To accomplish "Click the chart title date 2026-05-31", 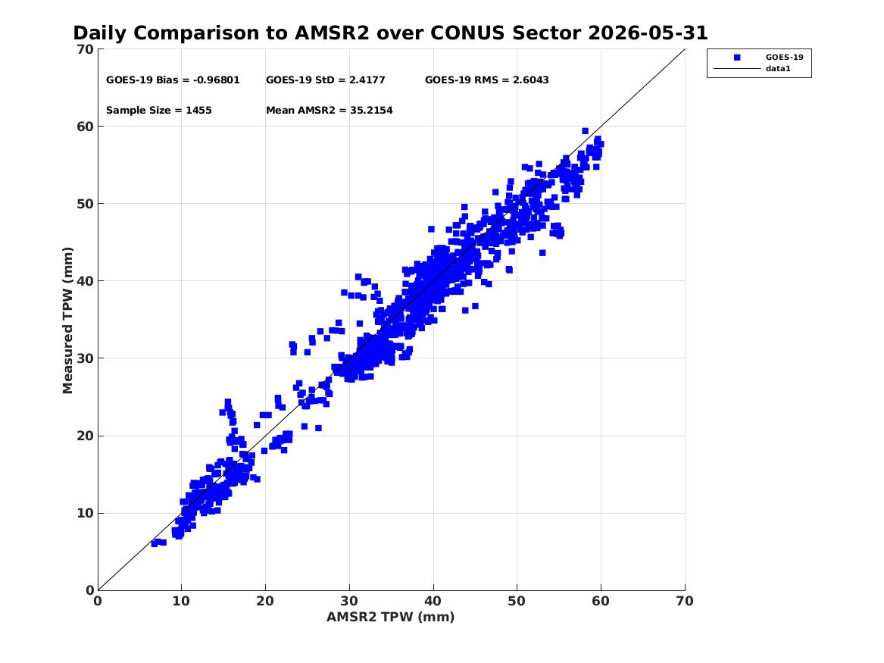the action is click(x=648, y=33).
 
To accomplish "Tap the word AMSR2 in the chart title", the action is click(x=332, y=33).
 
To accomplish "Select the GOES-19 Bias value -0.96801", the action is click(x=217, y=80).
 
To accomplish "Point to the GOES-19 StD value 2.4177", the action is click(x=367, y=80).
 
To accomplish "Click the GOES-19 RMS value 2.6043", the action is click(x=530, y=80).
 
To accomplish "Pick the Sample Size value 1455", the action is click(x=199, y=111).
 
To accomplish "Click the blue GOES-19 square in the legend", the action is click(x=737, y=58).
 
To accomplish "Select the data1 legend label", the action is click(x=778, y=69).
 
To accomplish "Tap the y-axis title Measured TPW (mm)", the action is click(x=67, y=321).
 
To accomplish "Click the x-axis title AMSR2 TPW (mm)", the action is click(x=391, y=617).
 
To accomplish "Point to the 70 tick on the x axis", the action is click(x=685, y=601).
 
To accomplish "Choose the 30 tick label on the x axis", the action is click(x=349, y=601).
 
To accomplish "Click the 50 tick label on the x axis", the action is click(x=517, y=601).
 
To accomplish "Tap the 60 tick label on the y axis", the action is click(x=86, y=127).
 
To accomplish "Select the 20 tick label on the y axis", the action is click(x=86, y=436).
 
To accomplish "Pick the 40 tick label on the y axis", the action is click(x=86, y=281).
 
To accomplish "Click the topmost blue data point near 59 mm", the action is click(x=586, y=131).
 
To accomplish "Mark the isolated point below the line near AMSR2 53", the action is click(x=542, y=252).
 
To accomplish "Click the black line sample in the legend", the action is click(x=737, y=69).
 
